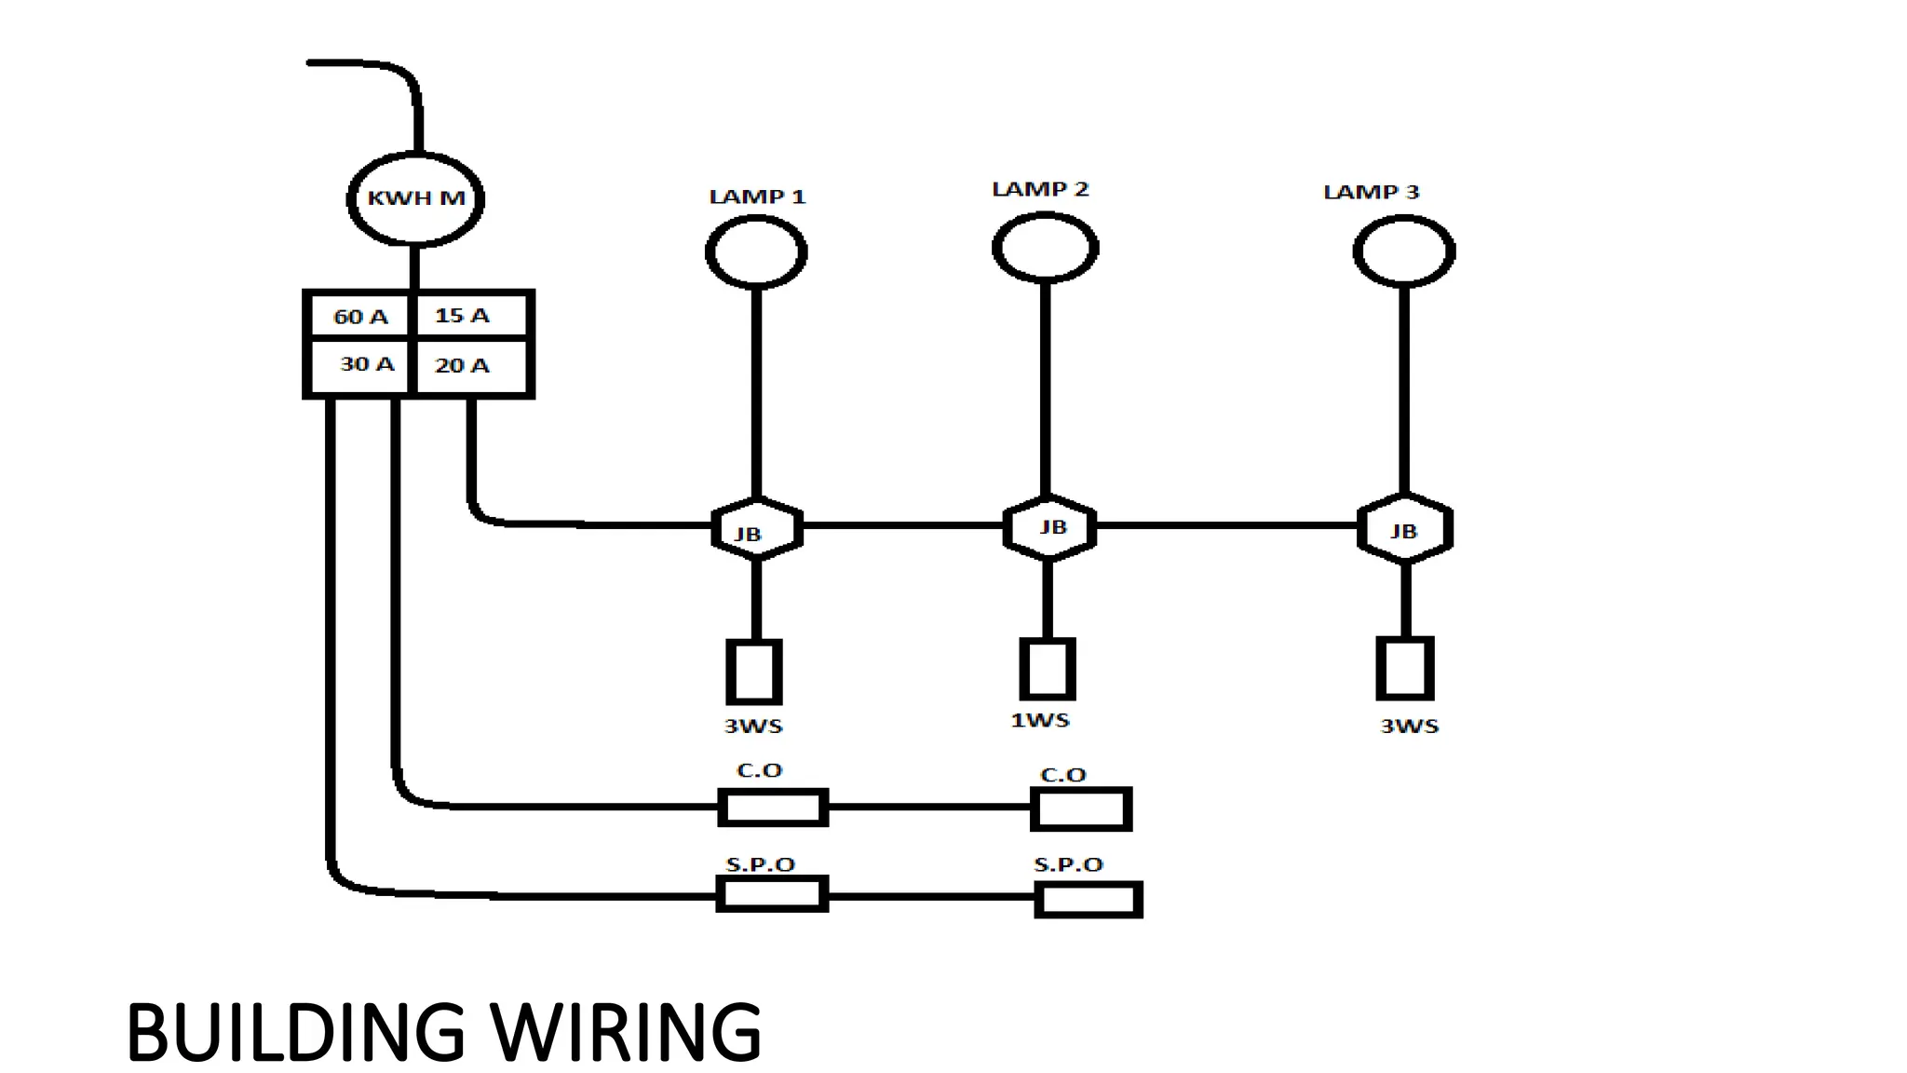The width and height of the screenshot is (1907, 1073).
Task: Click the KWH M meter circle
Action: point(415,198)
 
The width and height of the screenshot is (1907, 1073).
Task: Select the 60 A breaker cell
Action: point(360,317)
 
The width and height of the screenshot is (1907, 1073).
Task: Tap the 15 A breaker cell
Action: point(469,315)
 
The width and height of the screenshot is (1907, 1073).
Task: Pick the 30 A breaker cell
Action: point(360,364)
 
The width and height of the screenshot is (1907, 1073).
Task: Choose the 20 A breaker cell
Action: point(469,365)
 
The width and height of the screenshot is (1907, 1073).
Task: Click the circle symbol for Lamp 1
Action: point(756,251)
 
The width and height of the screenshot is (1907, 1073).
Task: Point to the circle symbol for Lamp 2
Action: point(1045,248)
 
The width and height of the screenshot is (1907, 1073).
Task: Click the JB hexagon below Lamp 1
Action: point(757,529)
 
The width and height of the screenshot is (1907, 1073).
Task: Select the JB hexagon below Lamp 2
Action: point(1049,527)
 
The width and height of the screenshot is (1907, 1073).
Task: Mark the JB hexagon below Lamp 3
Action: point(1404,529)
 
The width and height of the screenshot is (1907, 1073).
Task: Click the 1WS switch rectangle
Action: point(1048,669)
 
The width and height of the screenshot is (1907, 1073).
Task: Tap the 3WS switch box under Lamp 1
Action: point(754,672)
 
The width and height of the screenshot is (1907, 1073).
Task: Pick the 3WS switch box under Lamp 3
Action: point(1404,669)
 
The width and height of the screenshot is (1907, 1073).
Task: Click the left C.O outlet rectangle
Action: point(773,807)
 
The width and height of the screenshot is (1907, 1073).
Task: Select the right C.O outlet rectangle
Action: point(1081,808)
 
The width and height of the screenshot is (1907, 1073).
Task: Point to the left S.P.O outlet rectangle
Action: point(772,894)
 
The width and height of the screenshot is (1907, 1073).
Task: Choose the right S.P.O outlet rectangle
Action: point(1088,900)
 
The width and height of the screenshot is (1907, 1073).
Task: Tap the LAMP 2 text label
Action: point(1040,189)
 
